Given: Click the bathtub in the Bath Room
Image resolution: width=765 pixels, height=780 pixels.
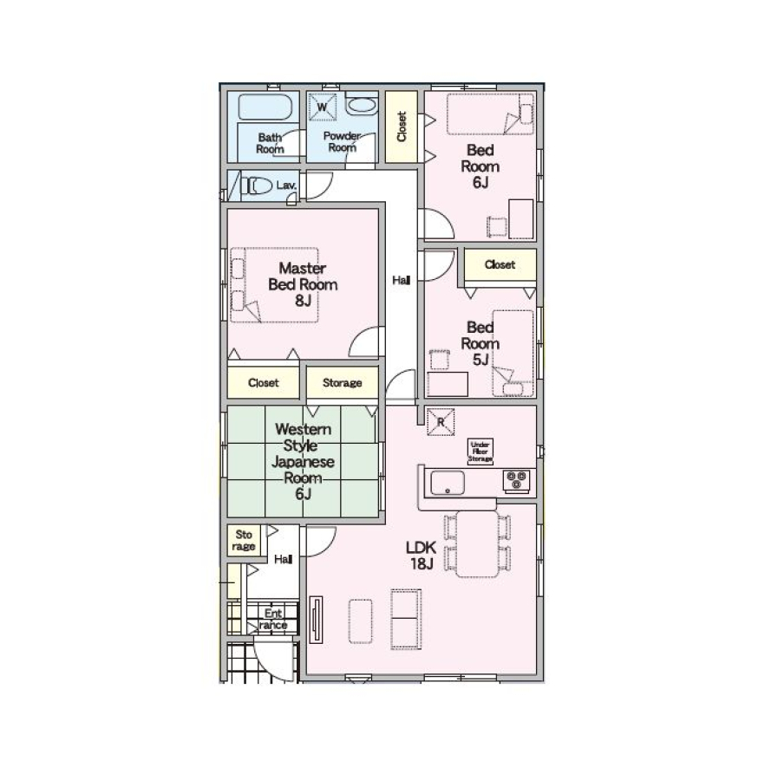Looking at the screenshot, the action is point(265,107).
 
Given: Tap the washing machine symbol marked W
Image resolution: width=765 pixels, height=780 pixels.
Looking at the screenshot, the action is point(322,107).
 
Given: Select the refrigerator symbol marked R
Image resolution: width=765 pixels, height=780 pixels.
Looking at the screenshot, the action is point(441,422).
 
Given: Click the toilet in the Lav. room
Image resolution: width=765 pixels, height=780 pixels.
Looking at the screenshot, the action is point(257,185).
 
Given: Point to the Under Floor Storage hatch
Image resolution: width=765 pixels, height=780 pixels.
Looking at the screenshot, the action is point(480,452).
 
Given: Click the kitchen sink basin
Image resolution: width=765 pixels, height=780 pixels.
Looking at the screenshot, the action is point(448,483).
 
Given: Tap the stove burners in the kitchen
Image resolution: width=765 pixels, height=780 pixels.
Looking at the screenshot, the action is point(517,480).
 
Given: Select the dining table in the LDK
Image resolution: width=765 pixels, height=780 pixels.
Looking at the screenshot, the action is point(477,543).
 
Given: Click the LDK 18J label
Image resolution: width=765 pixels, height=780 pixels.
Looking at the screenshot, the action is point(421,556).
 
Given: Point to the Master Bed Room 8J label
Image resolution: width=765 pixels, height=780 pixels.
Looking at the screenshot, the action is point(303,284).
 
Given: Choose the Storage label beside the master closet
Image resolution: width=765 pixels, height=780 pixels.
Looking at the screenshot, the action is point(342,382).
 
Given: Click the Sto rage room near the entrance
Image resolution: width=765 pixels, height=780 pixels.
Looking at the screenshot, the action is point(244,540).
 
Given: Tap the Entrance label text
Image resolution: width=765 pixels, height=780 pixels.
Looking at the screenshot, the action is point(273,620).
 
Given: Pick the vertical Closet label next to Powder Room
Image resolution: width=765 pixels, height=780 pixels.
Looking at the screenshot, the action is point(402,127).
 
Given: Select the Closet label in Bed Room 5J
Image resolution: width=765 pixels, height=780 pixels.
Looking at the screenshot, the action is point(500,264).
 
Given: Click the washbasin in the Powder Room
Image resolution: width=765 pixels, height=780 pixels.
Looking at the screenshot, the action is point(361,106).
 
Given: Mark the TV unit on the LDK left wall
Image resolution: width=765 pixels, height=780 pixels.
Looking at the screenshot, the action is point(316,621).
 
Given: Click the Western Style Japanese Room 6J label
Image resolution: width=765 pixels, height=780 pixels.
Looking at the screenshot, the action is point(303,461).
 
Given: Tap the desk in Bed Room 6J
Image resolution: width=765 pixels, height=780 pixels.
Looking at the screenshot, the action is point(521,219).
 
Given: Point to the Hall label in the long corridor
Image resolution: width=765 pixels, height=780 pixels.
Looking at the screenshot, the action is point(401,281).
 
